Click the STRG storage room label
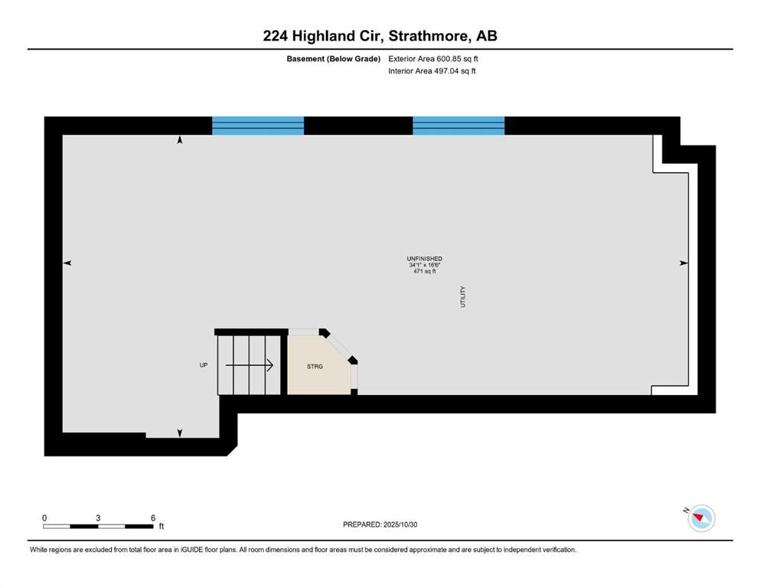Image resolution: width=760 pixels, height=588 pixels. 315,367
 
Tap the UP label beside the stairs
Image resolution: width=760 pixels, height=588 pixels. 204,365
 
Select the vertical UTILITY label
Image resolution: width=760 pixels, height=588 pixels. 463,296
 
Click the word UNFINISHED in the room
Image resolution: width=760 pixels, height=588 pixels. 425,259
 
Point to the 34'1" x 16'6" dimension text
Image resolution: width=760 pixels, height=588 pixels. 425,265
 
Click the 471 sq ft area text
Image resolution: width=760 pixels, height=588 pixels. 425,272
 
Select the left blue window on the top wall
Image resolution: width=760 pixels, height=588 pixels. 258,126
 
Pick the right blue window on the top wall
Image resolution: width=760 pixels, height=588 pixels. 458,126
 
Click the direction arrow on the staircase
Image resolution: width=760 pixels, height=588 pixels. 250,365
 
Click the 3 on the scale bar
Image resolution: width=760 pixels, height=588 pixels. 98,518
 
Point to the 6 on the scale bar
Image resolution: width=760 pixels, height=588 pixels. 153,518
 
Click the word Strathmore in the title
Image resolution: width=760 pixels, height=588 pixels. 429,36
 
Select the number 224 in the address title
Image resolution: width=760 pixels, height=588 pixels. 276,36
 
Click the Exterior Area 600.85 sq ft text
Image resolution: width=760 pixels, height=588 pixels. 433,59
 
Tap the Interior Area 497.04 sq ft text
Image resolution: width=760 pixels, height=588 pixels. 432,70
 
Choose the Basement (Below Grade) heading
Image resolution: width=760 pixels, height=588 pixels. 334,59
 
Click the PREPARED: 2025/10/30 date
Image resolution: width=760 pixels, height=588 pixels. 380,524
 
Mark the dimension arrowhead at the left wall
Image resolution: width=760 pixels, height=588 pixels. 67,263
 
